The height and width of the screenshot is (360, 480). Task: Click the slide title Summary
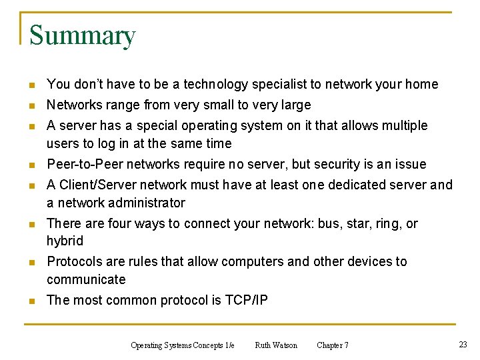point(82,35)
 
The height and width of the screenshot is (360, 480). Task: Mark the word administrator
point(143,203)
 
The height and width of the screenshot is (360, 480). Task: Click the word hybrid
point(65,241)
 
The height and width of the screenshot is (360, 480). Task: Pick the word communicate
point(86,280)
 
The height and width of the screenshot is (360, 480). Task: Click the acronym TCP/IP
point(247,301)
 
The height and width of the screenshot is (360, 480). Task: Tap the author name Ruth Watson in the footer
point(276,345)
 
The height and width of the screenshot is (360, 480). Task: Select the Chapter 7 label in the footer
point(332,345)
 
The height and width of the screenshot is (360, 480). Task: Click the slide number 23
point(463,345)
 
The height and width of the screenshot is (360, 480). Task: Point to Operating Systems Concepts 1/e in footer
point(182,345)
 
